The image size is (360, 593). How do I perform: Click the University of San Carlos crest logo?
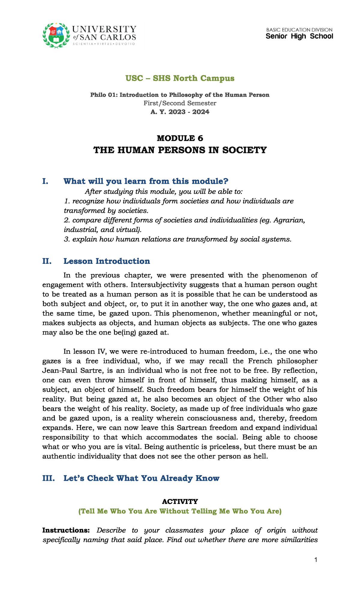click(x=56, y=35)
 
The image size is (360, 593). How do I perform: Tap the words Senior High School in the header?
click(x=299, y=36)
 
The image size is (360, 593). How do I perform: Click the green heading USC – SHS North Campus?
click(x=180, y=78)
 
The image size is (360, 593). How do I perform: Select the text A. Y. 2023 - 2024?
click(x=180, y=112)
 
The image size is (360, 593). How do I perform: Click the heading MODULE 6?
click(x=180, y=138)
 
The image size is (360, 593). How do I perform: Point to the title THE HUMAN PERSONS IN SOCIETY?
click(x=180, y=150)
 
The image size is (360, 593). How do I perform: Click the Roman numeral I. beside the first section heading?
click(x=45, y=181)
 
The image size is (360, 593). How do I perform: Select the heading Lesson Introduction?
click(x=106, y=261)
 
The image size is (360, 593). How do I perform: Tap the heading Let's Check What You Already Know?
click(x=141, y=478)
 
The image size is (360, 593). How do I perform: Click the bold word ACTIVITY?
click(x=180, y=501)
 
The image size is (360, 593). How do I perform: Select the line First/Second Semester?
click(x=180, y=103)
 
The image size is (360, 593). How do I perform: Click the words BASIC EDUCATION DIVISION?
click(x=299, y=30)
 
